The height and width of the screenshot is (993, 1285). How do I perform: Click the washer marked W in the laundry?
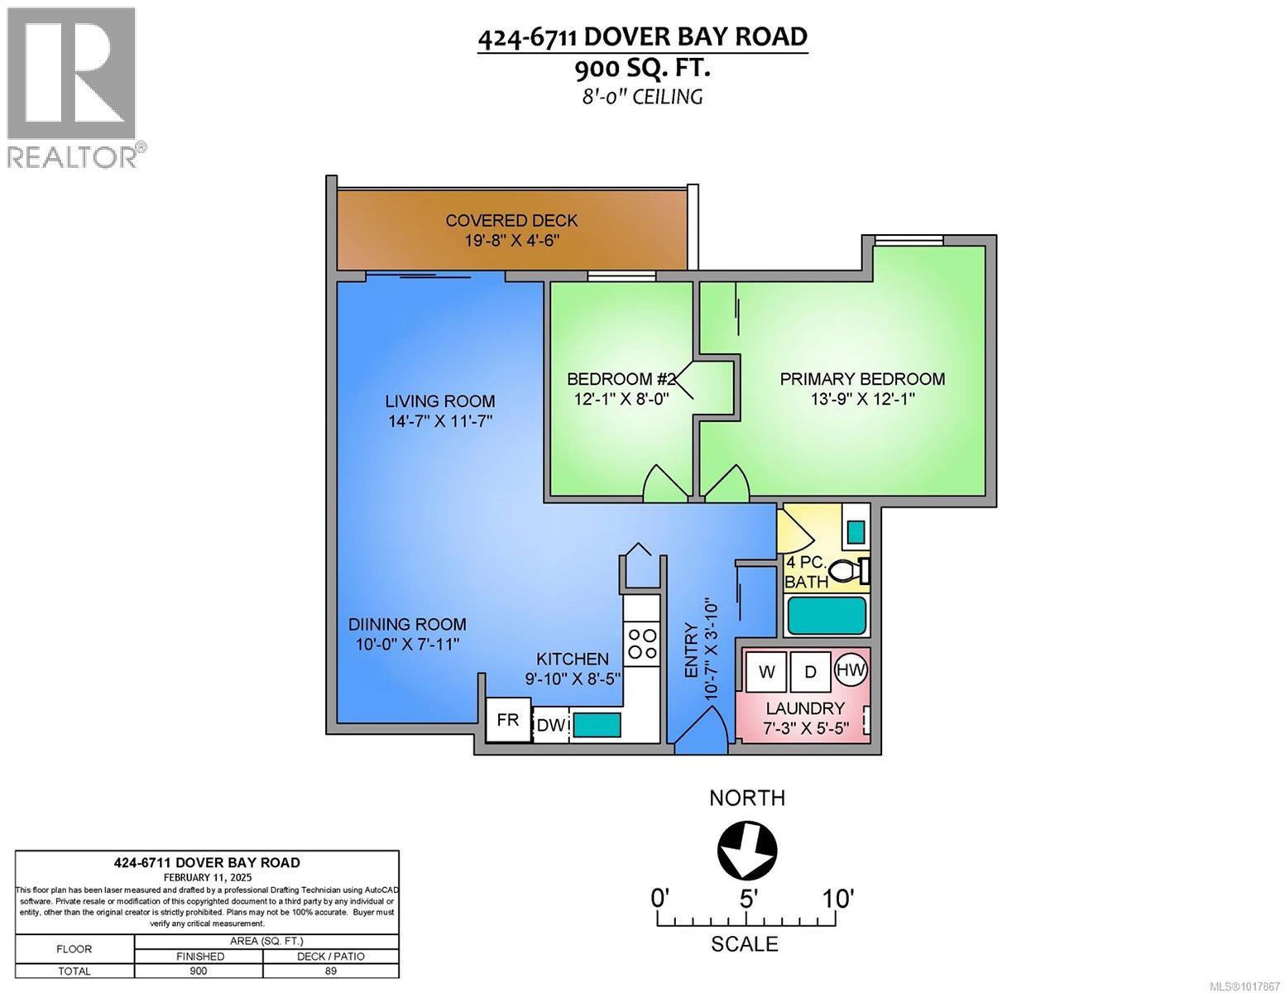point(766,671)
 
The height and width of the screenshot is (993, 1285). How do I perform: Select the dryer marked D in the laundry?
point(810,671)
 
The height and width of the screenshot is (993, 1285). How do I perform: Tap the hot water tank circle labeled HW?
point(851,669)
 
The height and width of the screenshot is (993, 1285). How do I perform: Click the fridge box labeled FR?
point(507,720)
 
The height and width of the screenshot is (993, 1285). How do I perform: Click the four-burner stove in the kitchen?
point(642,644)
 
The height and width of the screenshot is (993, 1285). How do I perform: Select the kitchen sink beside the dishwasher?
point(597,725)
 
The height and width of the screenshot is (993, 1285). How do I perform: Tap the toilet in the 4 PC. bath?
point(849,571)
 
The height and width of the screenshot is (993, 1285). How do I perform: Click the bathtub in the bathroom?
point(826,616)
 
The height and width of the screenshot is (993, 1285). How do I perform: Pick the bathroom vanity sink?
point(856,529)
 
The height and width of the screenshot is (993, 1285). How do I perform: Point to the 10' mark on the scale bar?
point(837,898)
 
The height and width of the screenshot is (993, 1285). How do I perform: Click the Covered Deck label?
point(511,221)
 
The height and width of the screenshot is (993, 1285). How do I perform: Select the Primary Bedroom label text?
point(862,379)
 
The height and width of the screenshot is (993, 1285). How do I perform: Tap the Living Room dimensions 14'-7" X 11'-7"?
point(440,421)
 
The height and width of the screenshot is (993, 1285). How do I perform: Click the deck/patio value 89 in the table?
point(330,971)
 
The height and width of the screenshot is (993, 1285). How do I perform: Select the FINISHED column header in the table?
point(199,956)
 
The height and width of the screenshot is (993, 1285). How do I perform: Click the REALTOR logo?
point(73,87)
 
